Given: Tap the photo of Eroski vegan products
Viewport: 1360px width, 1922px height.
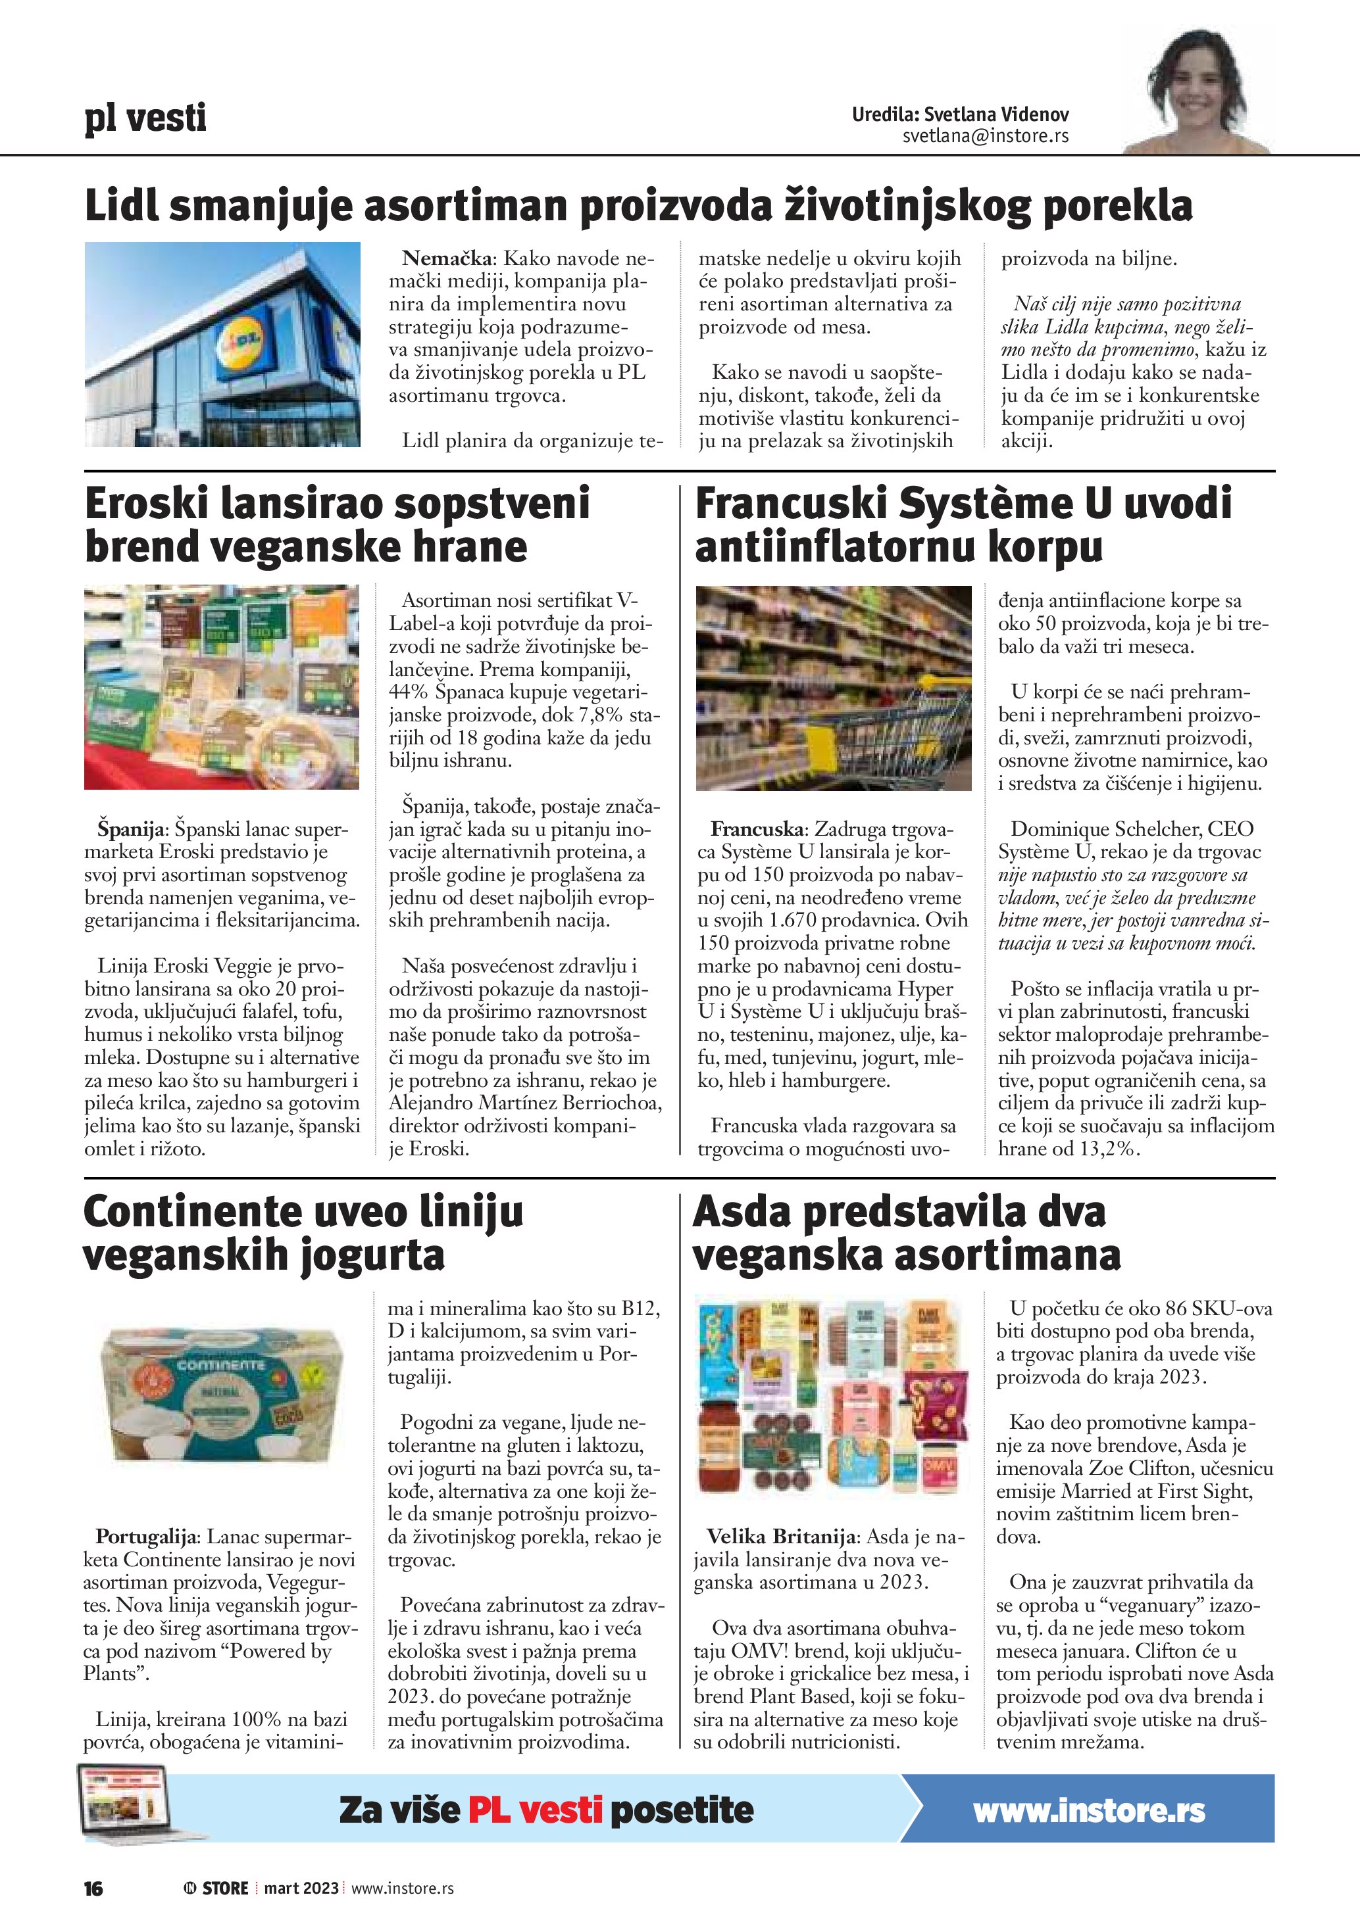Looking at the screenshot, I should coord(222,687).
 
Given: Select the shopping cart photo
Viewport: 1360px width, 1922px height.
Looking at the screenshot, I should coord(833,687).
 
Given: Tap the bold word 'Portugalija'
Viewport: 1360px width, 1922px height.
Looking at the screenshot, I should coord(147,1537).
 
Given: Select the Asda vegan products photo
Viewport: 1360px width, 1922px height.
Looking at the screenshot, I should coord(832,1397).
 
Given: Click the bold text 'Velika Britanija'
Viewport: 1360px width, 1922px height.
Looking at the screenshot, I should coord(782,1537).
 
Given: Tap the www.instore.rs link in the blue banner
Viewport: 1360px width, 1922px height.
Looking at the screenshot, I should coord(1089,1812).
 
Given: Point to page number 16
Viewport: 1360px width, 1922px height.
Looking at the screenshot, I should coord(93,1888).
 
